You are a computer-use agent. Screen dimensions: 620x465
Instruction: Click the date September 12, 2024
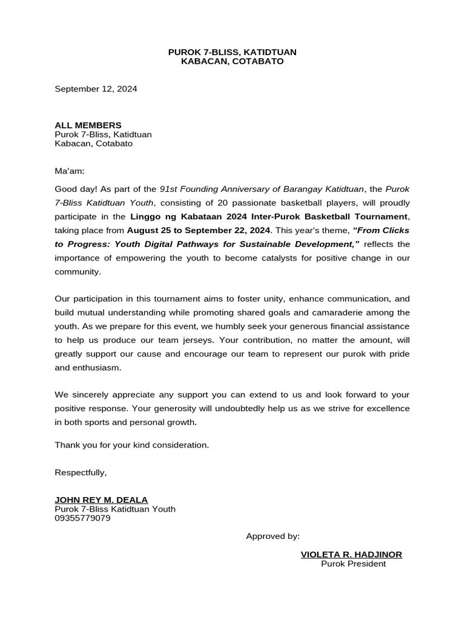(96, 89)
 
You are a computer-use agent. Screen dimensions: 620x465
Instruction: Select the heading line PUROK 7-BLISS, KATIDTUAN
(232, 53)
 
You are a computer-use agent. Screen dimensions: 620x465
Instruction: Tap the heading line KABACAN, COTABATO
(232, 62)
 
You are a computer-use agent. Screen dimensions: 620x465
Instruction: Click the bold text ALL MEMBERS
(88, 125)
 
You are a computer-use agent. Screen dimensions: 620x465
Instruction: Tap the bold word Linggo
(145, 216)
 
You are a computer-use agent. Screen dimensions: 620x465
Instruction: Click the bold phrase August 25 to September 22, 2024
(199, 230)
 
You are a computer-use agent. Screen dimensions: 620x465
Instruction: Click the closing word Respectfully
(81, 472)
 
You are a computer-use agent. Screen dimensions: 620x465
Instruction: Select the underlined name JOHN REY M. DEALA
(101, 500)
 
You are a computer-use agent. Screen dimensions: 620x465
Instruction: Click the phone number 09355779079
(82, 518)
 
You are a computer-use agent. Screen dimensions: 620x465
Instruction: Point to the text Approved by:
(272, 536)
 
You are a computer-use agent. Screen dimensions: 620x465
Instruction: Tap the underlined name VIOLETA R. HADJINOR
(351, 555)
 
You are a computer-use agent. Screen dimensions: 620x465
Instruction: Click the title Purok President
(353, 564)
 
